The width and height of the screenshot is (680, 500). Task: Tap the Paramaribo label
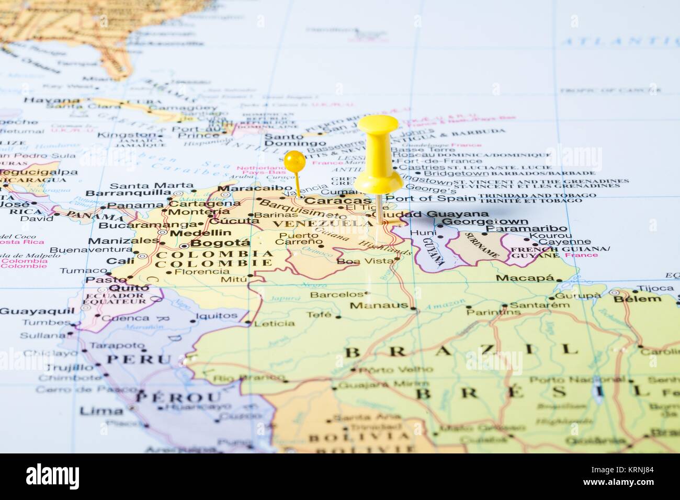526,229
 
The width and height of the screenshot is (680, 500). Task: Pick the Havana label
52,100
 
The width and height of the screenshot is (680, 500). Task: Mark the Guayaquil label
37,311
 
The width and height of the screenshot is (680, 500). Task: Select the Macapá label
525,278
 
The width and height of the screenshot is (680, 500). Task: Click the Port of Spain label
431,198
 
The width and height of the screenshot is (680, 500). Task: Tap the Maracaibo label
255,188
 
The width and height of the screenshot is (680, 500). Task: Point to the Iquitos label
216,316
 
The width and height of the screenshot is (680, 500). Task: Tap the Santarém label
539,305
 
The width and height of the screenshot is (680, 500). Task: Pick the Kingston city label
127,135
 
